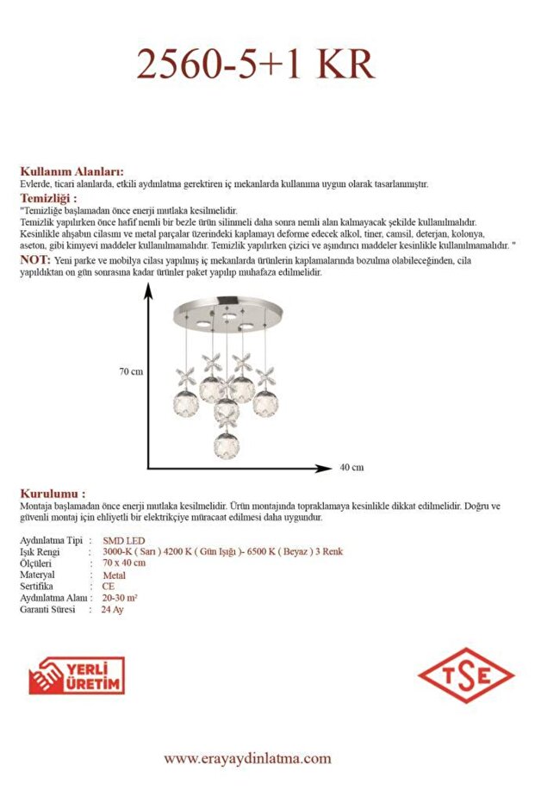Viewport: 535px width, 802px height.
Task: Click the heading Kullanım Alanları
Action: point(72,171)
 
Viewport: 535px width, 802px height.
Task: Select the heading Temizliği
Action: point(54,198)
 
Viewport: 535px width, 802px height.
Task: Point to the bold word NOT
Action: point(34,259)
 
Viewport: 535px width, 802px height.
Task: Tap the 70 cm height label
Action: point(131,371)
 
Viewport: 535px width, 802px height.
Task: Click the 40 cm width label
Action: point(351,468)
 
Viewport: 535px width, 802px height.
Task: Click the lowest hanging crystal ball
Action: point(227,444)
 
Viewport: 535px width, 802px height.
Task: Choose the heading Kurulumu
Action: point(53,494)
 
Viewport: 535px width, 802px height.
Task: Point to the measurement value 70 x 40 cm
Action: point(124,563)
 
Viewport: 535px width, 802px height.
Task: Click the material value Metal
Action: point(115,575)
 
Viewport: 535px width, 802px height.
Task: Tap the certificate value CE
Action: point(108,586)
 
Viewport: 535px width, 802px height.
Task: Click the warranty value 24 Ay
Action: point(112,609)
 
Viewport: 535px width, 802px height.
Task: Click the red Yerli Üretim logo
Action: point(77,675)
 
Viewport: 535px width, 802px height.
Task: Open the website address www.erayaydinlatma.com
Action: point(247,759)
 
